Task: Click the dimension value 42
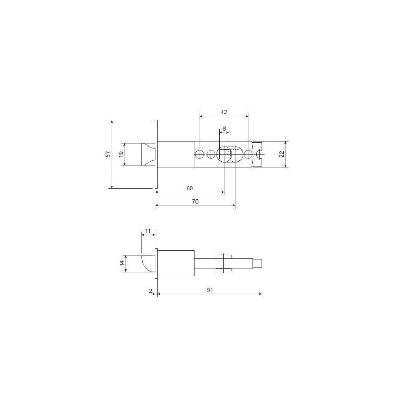click(224, 112)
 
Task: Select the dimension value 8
click(224, 129)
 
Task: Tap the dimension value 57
click(108, 154)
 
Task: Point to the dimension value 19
click(121, 154)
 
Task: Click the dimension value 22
click(282, 154)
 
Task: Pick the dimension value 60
click(189, 188)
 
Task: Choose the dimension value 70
click(195, 202)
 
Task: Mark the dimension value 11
click(148, 231)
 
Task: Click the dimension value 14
click(122, 263)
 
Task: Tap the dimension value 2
click(151, 291)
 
